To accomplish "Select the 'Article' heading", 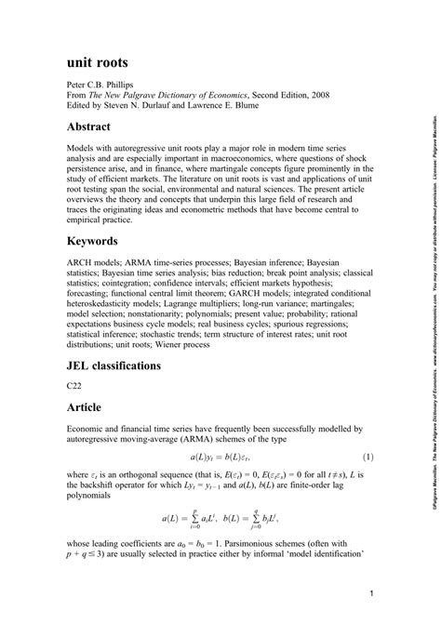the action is pyautogui.click(x=90, y=407).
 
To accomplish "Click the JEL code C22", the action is pyautogui.click(x=73, y=384).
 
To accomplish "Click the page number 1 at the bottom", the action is pyautogui.click(x=370, y=592).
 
